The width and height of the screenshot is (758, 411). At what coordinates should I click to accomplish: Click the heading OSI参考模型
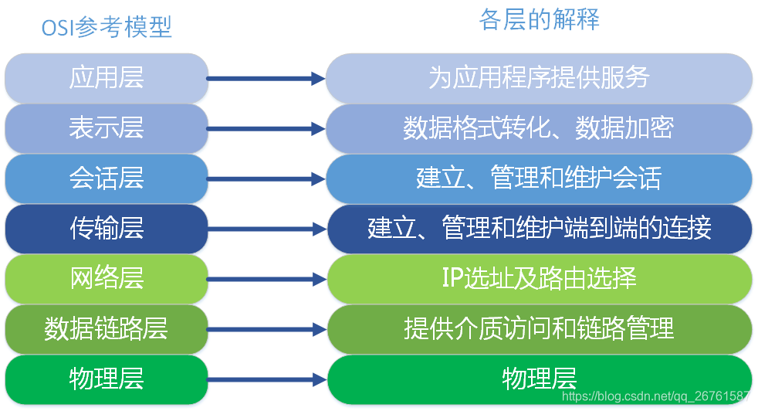pyautogui.click(x=107, y=27)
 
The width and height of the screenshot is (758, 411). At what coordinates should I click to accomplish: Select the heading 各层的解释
pyautogui.click(x=539, y=19)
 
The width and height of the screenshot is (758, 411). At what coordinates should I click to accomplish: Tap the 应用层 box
pyautogui.click(x=107, y=78)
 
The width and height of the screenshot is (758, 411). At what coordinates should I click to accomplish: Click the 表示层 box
pyautogui.click(x=107, y=127)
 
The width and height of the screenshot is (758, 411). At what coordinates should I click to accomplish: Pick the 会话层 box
pyautogui.click(x=107, y=178)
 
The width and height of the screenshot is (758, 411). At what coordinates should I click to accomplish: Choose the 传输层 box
pyautogui.click(x=107, y=229)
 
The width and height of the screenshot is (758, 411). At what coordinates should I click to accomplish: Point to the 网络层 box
pyautogui.click(x=107, y=278)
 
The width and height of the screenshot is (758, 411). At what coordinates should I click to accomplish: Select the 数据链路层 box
pyautogui.click(x=107, y=329)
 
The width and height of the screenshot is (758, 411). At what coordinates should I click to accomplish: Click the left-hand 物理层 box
pyautogui.click(x=107, y=379)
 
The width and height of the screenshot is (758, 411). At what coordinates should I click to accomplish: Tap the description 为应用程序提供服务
pyautogui.click(x=539, y=78)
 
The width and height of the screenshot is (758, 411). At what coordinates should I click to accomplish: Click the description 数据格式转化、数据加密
pyautogui.click(x=539, y=127)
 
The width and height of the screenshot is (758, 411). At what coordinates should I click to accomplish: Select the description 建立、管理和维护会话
pyautogui.click(x=539, y=178)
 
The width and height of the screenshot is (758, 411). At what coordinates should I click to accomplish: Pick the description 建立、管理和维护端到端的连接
pyautogui.click(x=539, y=229)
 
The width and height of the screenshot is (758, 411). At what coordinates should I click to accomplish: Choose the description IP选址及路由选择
pyautogui.click(x=539, y=278)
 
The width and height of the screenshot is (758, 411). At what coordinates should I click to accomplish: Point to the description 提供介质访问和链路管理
pyautogui.click(x=539, y=329)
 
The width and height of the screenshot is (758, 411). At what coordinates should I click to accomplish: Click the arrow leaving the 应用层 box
pyautogui.click(x=266, y=78)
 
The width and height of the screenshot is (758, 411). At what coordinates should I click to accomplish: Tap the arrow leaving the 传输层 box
pyautogui.click(x=266, y=229)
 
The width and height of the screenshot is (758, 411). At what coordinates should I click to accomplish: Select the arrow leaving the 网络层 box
pyautogui.click(x=266, y=278)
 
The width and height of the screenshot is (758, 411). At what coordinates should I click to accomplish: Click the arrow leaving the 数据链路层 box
pyautogui.click(x=266, y=329)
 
